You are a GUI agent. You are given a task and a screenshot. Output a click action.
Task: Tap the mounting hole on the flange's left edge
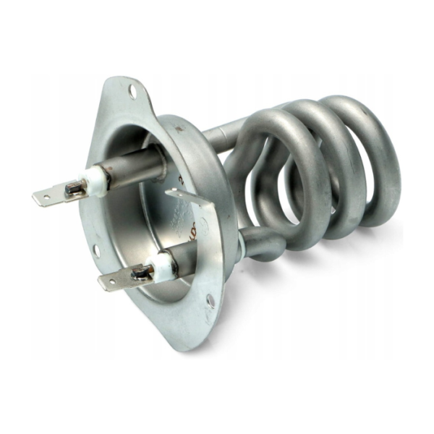pos(95,250)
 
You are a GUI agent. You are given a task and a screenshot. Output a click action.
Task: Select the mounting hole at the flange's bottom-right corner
pos(209,299)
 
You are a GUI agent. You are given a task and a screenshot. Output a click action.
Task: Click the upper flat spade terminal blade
pos(49,196)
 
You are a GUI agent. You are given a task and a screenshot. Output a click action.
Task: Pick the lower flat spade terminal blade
pos(116,281)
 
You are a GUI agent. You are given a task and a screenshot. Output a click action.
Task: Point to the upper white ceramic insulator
pos(95,180)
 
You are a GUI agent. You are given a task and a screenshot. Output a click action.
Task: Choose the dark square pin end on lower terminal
pos(141,273)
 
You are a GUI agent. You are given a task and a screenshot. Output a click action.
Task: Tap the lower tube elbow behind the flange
pos(250,242)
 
